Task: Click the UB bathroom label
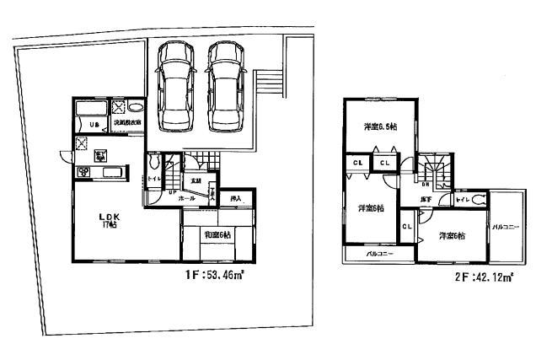click(x=85, y=126)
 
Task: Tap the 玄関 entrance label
click(x=196, y=180)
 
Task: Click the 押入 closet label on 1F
click(x=236, y=199)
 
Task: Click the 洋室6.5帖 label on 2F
click(x=380, y=126)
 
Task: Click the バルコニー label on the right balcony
click(x=506, y=227)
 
